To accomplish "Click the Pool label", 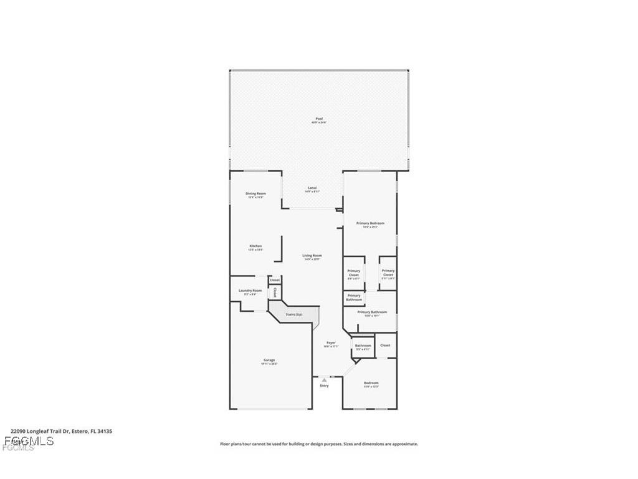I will (x=319, y=119).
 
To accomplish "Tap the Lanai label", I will (x=312, y=188).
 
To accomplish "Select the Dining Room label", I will (x=255, y=193).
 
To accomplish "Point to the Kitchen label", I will (x=255, y=246).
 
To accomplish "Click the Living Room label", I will (x=312, y=256).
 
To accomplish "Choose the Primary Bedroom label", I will (x=370, y=223).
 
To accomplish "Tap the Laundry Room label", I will (x=250, y=291).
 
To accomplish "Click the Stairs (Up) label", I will (x=294, y=314).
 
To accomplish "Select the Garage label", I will (x=269, y=360).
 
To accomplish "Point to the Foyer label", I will (x=331, y=343).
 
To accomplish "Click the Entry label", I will (x=324, y=386).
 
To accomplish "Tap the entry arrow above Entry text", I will (x=324, y=379).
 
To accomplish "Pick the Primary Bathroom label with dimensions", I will (x=372, y=312).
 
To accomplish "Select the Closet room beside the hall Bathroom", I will (x=385, y=345).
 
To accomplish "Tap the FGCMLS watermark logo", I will (x=28, y=442).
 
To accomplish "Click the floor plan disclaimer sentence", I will (x=319, y=444).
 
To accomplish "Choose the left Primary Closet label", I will (x=354, y=273).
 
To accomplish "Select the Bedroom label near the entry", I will (x=371, y=383).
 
